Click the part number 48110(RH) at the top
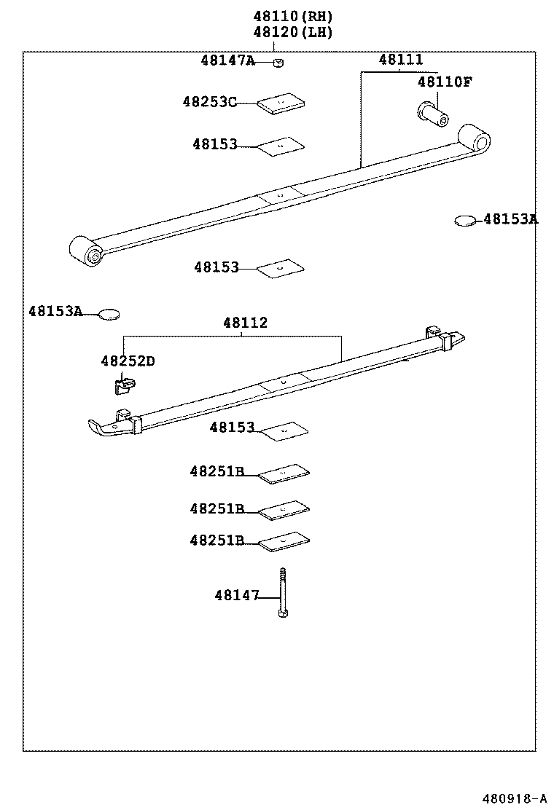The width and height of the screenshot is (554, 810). coord(292,15)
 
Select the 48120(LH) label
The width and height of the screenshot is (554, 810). coord(292,32)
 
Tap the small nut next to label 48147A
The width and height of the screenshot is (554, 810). coord(278,63)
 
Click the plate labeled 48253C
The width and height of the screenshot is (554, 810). coord(281,104)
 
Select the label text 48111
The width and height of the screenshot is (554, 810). coord(400,60)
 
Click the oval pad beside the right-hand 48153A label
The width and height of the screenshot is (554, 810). coord(465,220)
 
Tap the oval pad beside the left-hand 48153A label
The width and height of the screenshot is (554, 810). coord(109,314)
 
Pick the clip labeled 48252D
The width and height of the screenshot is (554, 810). coord(124,383)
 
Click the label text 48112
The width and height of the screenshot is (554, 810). coord(245,323)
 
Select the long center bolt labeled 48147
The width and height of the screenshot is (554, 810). coord(282,593)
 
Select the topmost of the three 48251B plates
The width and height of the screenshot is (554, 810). coord(284,473)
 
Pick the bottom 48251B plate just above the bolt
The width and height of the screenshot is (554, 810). coord(284,540)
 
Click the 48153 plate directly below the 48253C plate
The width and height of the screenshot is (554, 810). coord(281,146)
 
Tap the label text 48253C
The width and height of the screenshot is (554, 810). coord(209,103)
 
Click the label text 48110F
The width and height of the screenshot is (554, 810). coord(445,82)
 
